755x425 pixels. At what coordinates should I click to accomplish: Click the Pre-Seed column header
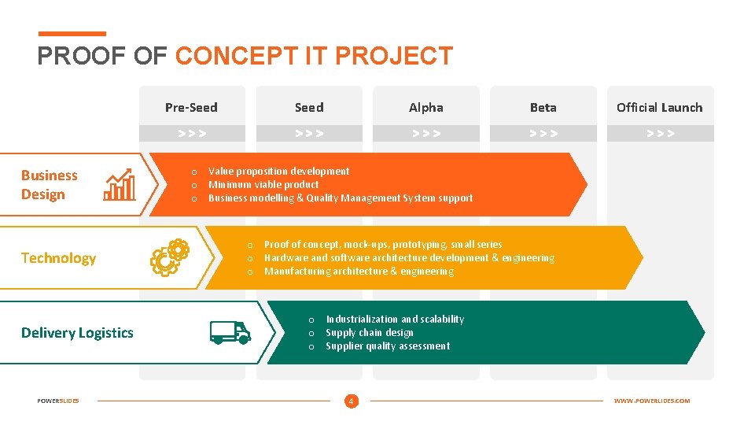point(191,107)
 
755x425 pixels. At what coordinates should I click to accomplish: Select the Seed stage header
point(309,107)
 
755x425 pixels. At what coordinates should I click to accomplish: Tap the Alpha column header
point(426,107)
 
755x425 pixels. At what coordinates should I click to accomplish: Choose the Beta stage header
point(543,107)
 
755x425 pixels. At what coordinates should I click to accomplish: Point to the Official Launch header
point(660,107)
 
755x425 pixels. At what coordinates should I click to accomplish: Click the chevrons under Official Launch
point(660,134)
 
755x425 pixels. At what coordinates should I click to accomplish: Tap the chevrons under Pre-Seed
point(192,134)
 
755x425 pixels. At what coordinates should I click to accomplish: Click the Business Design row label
point(49,185)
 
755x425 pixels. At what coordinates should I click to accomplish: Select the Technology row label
point(58,258)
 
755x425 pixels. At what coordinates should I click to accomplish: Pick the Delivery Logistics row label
point(77,333)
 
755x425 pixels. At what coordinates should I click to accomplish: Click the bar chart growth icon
point(120,185)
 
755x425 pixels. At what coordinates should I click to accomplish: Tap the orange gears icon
point(170,257)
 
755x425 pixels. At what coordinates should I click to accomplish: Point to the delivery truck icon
point(230,332)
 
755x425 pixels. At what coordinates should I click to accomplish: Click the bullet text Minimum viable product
point(263,185)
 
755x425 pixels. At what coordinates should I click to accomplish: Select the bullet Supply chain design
point(370,333)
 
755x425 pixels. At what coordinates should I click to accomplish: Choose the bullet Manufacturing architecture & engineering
point(359,272)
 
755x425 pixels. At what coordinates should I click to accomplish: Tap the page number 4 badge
point(351,401)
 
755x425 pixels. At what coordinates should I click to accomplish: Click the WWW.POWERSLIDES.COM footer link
point(652,401)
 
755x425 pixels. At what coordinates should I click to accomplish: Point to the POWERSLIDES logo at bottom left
point(58,401)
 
